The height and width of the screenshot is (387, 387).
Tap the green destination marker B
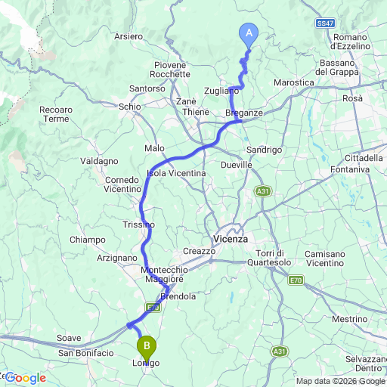coord(147,347)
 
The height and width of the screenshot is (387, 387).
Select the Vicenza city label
coord(231,238)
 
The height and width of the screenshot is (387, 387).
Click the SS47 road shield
coord(326,24)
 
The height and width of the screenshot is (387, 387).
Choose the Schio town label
coord(130,107)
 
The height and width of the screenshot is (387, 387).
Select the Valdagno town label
coord(100,161)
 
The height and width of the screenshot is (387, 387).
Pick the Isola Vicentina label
coord(176,173)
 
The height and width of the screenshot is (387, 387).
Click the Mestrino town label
coord(349,319)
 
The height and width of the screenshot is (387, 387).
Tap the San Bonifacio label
coord(86,353)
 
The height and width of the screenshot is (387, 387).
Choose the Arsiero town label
coord(128,36)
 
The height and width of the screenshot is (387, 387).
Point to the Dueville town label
coord(237,164)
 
